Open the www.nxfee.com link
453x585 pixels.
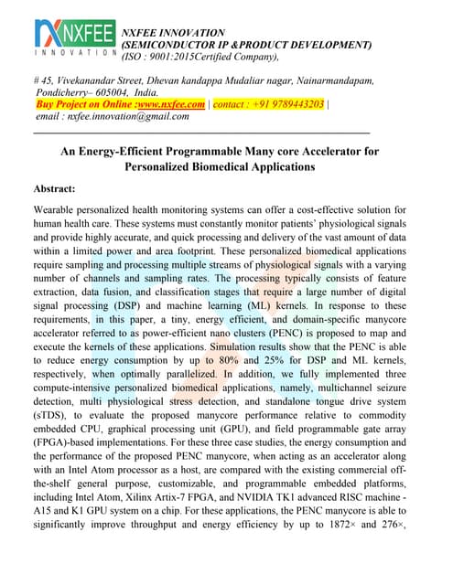(x=172, y=104)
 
